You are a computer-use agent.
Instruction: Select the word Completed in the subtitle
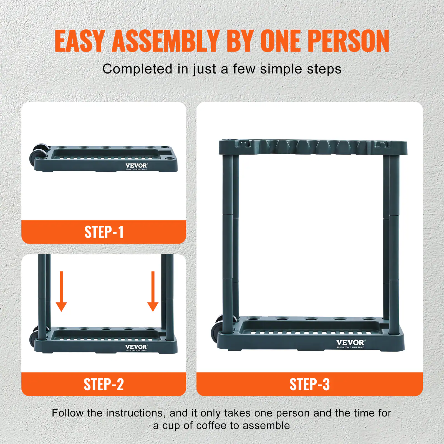(x=137, y=69)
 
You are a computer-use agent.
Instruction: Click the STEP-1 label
(x=104, y=232)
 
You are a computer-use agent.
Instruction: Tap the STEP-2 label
(x=104, y=384)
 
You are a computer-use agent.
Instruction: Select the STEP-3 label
(x=309, y=384)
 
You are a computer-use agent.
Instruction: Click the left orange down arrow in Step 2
(x=61, y=291)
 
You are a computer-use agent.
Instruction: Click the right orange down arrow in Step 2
(x=153, y=291)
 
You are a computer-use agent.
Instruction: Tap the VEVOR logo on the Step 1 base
(x=136, y=166)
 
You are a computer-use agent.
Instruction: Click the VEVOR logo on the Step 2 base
(x=136, y=347)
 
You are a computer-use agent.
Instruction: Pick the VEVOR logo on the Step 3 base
(x=350, y=343)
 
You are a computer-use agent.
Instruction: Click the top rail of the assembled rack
(x=313, y=147)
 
